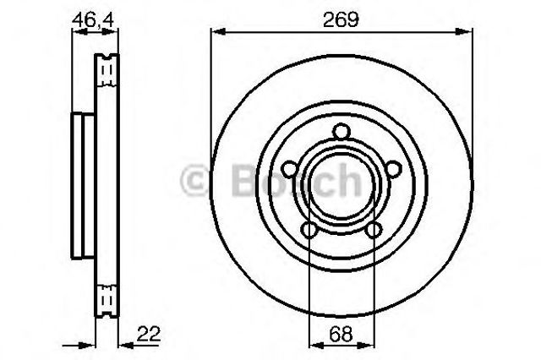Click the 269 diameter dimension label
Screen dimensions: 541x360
click(341, 19)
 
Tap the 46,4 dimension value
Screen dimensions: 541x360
click(93, 20)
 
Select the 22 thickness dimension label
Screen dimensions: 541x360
click(149, 334)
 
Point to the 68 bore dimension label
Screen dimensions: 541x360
click(341, 334)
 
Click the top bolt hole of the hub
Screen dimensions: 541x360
click(342, 132)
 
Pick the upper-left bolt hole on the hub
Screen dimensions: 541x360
click(289, 169)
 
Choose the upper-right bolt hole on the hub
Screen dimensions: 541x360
click(394, 169)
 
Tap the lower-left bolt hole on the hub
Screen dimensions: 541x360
click(309, 230)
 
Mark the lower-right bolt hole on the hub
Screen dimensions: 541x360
click(374, 230)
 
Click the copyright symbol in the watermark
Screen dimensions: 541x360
click(195, 180)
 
